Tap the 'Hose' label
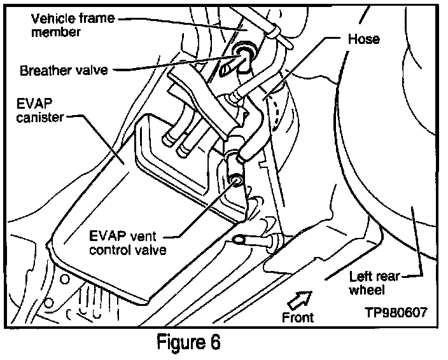pyautogui.click(x=365, y=39)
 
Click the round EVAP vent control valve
pyautogui.click(x=236, y=181)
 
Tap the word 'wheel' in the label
pyautogui.click(x=368, y=291)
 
